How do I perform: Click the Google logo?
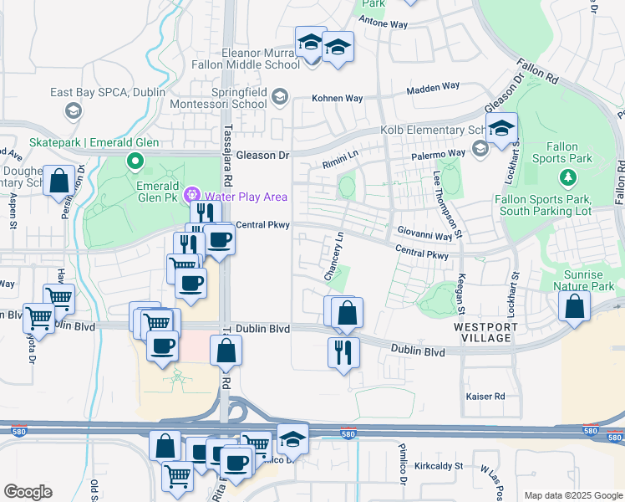28,492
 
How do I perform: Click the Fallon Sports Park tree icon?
568,177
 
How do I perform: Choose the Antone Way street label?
384,24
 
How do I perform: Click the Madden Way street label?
434,87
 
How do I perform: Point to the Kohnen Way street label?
338,98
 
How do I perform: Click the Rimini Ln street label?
342,154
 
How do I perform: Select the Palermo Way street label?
439,154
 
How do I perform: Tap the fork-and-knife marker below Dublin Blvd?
343,352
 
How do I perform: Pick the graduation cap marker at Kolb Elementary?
501,130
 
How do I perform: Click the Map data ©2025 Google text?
572,495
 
